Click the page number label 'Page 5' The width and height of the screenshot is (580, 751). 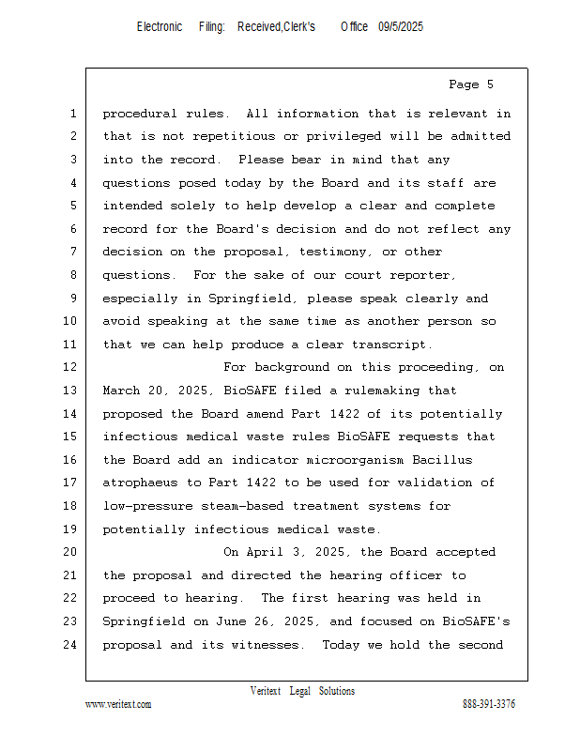pos(470,85)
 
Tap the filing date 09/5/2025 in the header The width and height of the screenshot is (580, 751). pos(401,27)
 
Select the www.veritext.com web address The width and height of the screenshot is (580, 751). pos(118,704)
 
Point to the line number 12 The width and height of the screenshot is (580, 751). pos(72,368)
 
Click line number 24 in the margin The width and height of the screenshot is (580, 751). pos(72,645)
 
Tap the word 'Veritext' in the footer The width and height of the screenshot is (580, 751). pos(266,692)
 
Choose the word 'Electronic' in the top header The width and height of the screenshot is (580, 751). pos(160,27)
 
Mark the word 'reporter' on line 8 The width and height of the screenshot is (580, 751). pos(425,276)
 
